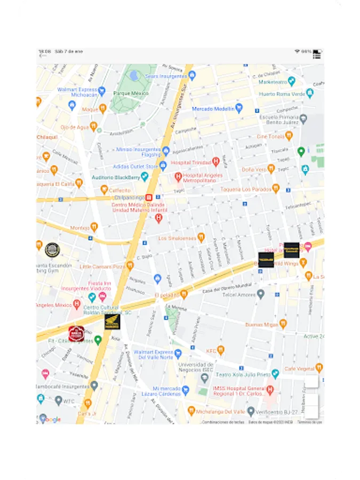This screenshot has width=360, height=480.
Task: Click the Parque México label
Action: (131, 93)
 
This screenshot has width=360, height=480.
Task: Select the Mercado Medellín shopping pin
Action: (239, 108)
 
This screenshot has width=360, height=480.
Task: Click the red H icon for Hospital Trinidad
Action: (216, 161)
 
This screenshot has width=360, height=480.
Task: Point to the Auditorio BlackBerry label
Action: (116, 177)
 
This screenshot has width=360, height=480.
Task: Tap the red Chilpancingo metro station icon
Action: (149, 197)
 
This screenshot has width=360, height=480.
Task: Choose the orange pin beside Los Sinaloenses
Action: (201, 237)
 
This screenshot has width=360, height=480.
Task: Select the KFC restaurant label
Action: (211, 350)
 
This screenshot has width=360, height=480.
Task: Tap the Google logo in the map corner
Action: (50, 419)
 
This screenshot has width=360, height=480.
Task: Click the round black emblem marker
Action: (52, 249)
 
